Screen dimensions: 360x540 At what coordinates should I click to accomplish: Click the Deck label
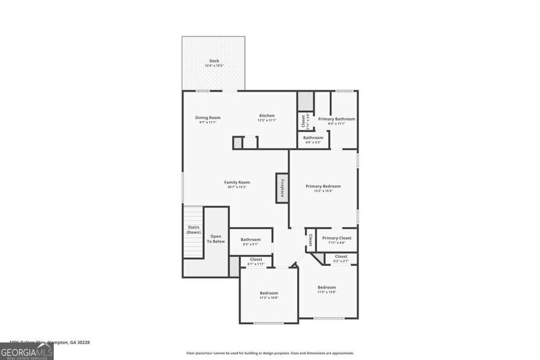coord(214,61)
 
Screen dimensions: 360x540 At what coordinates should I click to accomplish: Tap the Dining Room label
coord(208,118)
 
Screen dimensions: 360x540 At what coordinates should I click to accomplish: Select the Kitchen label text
coord(267,115)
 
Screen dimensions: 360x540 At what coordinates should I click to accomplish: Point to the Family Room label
coord(237,182)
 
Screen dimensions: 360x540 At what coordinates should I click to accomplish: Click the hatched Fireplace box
coord(282,188)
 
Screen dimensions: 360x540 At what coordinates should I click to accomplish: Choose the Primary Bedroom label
coord(323,186)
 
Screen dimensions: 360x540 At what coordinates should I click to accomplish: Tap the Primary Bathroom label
coord(336,119)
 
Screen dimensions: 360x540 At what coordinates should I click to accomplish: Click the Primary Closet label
coord(337,238)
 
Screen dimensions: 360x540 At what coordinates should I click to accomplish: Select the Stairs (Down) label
coord(194,229)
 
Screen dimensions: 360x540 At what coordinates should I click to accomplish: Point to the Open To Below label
coord(216,239)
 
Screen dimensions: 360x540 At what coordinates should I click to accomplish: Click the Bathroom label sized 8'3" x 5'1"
coord(250,239)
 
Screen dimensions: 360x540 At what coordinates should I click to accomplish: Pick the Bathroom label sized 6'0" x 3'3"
coord(313,138)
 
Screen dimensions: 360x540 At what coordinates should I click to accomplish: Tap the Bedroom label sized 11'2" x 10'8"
coord(268,293)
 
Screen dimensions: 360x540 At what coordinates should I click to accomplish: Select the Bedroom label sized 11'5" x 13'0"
coord(326,287)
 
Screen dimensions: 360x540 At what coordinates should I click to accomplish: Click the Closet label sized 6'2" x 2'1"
coord(341,257)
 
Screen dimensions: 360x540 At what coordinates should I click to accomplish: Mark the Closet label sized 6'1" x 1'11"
coord(256,259)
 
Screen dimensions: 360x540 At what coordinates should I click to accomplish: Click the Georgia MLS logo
coord(26,351)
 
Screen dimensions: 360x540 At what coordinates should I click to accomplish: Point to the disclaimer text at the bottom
coord(270,353)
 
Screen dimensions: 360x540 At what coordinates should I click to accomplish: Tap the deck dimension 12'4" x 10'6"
coord(214,66)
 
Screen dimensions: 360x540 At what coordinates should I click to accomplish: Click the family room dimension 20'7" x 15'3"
coord(237,187)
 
